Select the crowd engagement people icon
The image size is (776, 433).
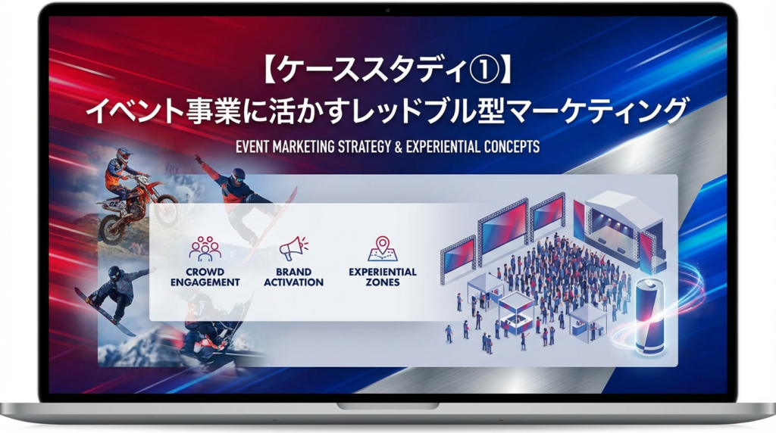tap(205, 248)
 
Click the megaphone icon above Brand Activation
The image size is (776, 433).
tap(294, 248)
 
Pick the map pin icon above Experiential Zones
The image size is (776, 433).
tap(383, 248)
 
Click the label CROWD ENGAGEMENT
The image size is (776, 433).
tap(205, 277)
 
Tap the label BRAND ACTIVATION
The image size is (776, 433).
tap(294, 277)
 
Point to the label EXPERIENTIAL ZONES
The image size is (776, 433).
tap(383, 277)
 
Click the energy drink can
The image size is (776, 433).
tap(649, 317)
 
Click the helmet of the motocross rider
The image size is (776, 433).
tap(124, 156)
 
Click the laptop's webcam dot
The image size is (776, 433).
tap(387, 10)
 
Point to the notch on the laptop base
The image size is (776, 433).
tap(387, 406)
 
